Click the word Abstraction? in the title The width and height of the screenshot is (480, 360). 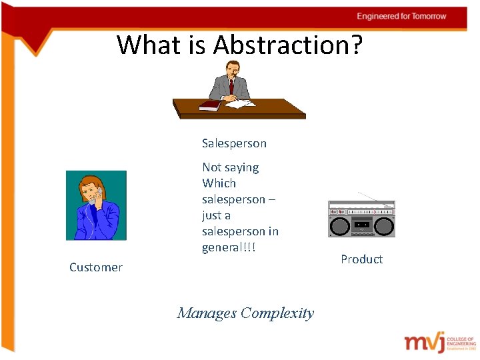tap(288, 45)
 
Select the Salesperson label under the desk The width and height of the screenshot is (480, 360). tap(234, 143)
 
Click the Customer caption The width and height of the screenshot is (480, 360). tap(96, 267)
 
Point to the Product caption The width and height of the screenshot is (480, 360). tap(361, 259)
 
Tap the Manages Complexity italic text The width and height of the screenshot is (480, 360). tap(245, 313)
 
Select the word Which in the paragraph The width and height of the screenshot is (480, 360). tap(219, 183)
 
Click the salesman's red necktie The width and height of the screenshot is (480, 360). tap(231, 87)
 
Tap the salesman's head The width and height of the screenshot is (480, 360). tap(231, 69)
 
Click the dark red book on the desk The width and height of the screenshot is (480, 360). tap(209, 105)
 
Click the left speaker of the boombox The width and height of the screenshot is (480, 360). tap(340, 226)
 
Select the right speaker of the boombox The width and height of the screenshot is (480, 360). tap(383, 226)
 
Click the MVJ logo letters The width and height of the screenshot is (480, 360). tap(423, 342)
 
